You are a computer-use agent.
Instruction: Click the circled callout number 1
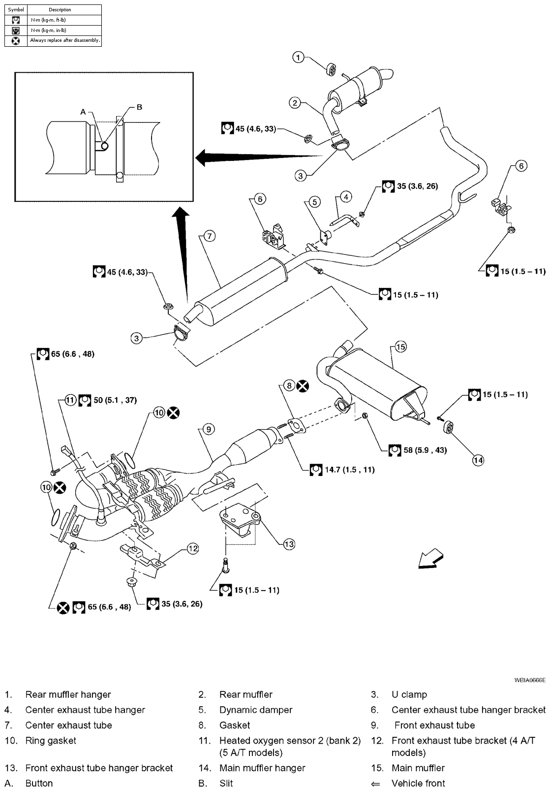[299, 58]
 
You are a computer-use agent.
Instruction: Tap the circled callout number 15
[400, 347]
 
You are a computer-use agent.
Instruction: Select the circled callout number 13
[289, 543]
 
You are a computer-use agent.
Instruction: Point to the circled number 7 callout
[209, 236]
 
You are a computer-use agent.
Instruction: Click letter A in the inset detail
[83, 112]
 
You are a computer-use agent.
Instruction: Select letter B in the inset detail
[139, 107]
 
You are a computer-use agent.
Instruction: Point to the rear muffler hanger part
[333, 69]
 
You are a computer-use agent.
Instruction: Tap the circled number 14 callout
[478, 460]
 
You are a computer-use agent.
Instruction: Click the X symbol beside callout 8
[303, 386]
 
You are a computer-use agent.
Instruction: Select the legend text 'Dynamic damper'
[256, 710]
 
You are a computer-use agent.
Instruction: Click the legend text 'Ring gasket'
[51, 740]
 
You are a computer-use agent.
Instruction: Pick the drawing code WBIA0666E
[530, 680]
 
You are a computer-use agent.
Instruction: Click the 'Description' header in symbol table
[60, 9]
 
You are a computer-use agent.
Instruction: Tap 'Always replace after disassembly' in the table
[65, 40]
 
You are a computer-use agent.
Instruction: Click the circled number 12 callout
[192, 548]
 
